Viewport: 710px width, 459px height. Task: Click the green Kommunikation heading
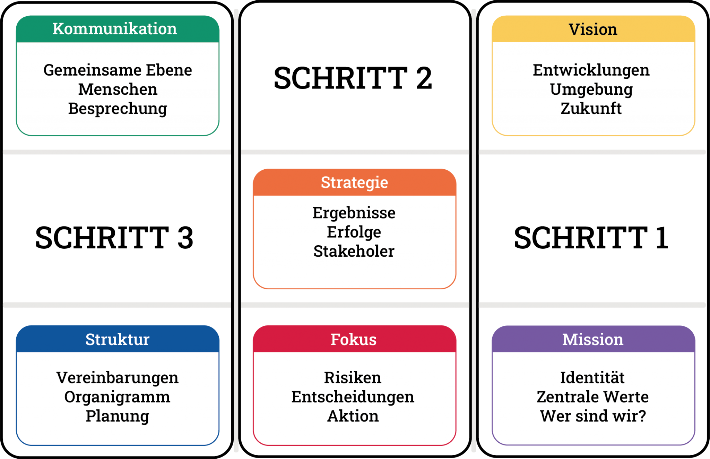pos(115,29)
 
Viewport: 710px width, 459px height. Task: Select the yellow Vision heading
pos(593,29)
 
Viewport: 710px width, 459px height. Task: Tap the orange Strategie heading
pos(354,182)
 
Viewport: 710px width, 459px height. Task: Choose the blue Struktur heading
pos(118,339)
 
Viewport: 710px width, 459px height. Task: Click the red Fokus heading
pos(354,339)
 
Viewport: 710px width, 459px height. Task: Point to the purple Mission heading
pos(593,339)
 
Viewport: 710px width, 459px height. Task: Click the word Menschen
pos(118,90)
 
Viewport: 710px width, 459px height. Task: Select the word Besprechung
pos(118,109)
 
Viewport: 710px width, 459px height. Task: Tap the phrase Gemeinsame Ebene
pos(118,70)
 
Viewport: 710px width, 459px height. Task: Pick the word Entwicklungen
pos(591,70)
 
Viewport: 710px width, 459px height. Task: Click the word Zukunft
pos(591,109)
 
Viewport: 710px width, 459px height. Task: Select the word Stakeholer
pos(354,251)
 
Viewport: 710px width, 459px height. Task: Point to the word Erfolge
pos(354,232)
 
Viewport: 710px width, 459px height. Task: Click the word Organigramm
pos(117,397)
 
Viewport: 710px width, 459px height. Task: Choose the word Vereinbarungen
pos(118,378)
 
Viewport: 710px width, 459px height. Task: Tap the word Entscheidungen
pos(353,397)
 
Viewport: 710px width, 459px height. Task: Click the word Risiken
pos(353,378)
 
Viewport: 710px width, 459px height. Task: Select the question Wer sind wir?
pos(593,416)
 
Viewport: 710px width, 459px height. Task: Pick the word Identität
pos(592,378)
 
